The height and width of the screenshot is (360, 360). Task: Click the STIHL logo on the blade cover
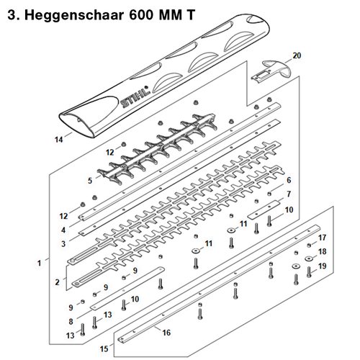(x=136, y=97)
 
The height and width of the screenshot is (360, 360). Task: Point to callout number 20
(x=297, y=55)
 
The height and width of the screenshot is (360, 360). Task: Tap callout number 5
(x=90, y=179)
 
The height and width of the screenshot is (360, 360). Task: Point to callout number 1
(x=38, y=264)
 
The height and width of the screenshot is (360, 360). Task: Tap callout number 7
(x=288, y=194)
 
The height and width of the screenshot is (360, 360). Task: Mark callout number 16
(x=166, y=333)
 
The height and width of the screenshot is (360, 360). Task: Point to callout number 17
(x=323, y=238)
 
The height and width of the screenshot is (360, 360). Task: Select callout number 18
(x=323, y=252)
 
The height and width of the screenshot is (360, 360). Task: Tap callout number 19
(x=323, y=266)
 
